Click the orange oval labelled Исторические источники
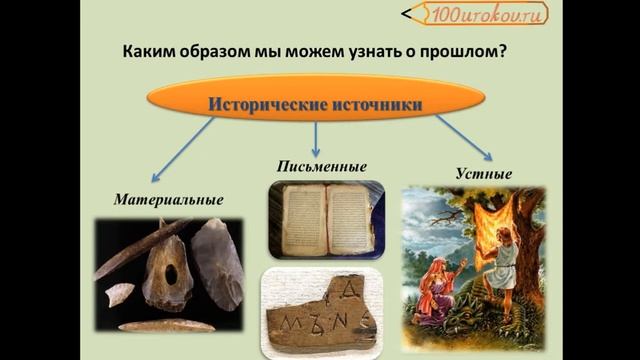(315, 103)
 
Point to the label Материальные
(168, 199)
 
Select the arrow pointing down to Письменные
(316, 138)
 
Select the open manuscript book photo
(326, 219)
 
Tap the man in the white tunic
(491, 280)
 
